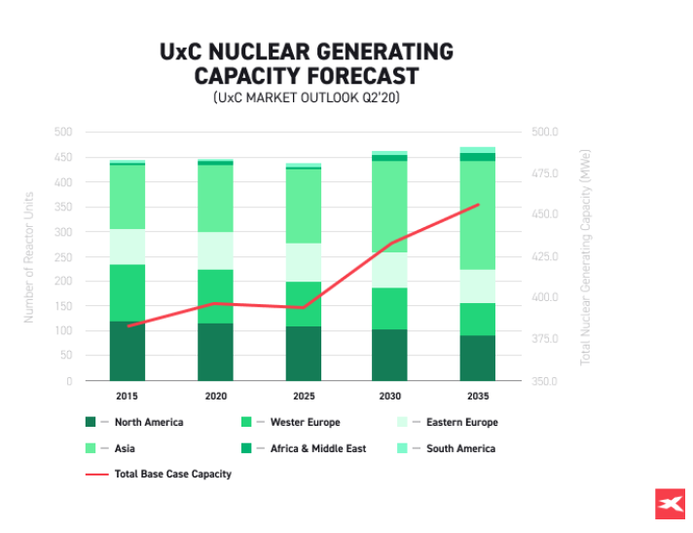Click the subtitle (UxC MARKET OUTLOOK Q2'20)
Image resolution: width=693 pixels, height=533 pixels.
(x=307, y=98)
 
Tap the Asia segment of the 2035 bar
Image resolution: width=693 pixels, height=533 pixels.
(x=477, y=214)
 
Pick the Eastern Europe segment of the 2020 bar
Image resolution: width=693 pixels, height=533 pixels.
(x=215, y=250)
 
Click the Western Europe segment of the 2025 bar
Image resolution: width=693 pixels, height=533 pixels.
(x=303, y=303)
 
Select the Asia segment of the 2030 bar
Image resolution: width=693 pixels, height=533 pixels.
(x=389, y=206)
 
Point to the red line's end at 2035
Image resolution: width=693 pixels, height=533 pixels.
(x=478, y=205)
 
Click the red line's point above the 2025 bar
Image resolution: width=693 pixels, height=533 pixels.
(x=303, y=307)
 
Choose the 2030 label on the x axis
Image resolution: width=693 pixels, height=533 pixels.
(x=389, y=397)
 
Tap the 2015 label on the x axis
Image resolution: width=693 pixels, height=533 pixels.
(x=127, y=397)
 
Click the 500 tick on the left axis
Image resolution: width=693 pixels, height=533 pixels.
(x=62, y=132)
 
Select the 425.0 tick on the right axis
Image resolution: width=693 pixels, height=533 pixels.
(x=543, y=256)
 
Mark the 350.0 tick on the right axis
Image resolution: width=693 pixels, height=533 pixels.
(x=543, y=381)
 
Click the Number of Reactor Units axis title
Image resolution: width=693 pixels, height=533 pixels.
(x=29, y=256)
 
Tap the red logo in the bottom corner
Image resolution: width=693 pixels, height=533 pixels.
(x=669, y=504)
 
